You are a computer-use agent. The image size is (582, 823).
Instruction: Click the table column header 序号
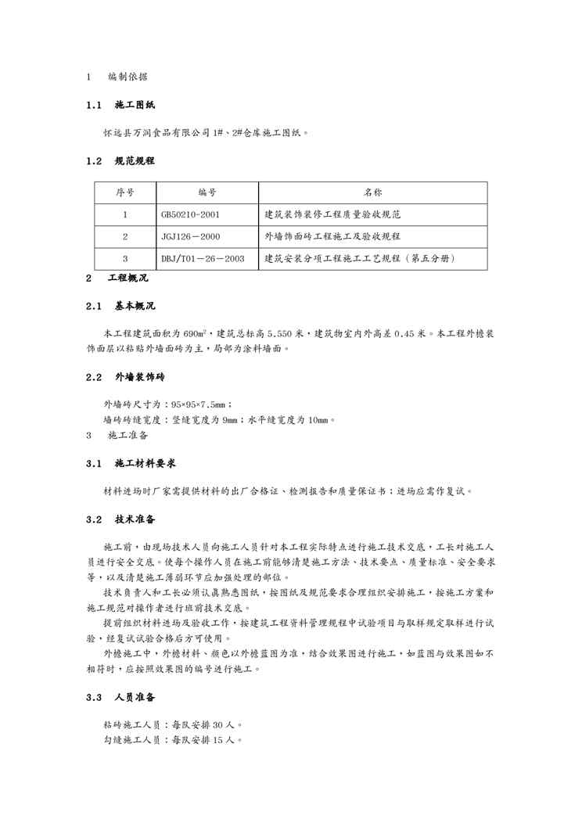pyautogui.click(x=125, y=192)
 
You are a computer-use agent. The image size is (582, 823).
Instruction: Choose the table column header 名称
pyautogui.click(x=372, y=192)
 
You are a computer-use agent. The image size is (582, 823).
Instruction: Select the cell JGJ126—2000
pyautogui.click(x=191, y=236)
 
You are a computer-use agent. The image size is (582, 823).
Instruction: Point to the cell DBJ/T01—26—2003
pyautogui.click(x=203, y=258)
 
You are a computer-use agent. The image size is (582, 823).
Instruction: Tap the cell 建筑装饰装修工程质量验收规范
pyautogui.click(x=332, y=214)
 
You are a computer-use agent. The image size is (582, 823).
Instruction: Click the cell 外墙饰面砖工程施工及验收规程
pyautogui.click(x=332, y=236)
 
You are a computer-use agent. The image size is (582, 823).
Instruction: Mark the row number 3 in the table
pyautogui.click(x=125, y=258)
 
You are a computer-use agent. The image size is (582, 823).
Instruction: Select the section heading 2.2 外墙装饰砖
pyautogui.click(x=125, y=376)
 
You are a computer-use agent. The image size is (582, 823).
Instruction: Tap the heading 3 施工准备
pyautogui.click(x=117, y=434)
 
